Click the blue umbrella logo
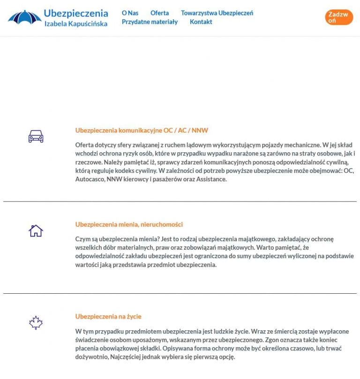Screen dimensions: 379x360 tap(24, 17)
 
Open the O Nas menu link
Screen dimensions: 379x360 tap(130, 13)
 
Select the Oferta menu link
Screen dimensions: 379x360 tap(159, 13)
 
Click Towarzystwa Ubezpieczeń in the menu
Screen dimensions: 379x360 tap(217, 13)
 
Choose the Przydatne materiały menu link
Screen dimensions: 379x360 tap(150, 22)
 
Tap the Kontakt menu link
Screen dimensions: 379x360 tap(201, 22)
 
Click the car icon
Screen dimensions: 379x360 tap(36, 136)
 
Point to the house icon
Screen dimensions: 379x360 tap(36, 230)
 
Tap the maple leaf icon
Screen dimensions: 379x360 tap(36, 322)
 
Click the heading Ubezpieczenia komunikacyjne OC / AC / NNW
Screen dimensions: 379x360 tap(142, 130)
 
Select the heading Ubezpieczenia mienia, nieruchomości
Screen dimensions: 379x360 tap(129, 224)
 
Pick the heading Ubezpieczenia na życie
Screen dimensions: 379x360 tap(108, 317)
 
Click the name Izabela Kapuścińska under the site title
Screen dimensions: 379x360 tap(75, 23)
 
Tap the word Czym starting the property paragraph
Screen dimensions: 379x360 tap(82, 239)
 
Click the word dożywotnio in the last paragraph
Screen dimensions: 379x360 tap(91, 357)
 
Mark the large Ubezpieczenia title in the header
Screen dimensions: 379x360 tap(76, 13)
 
